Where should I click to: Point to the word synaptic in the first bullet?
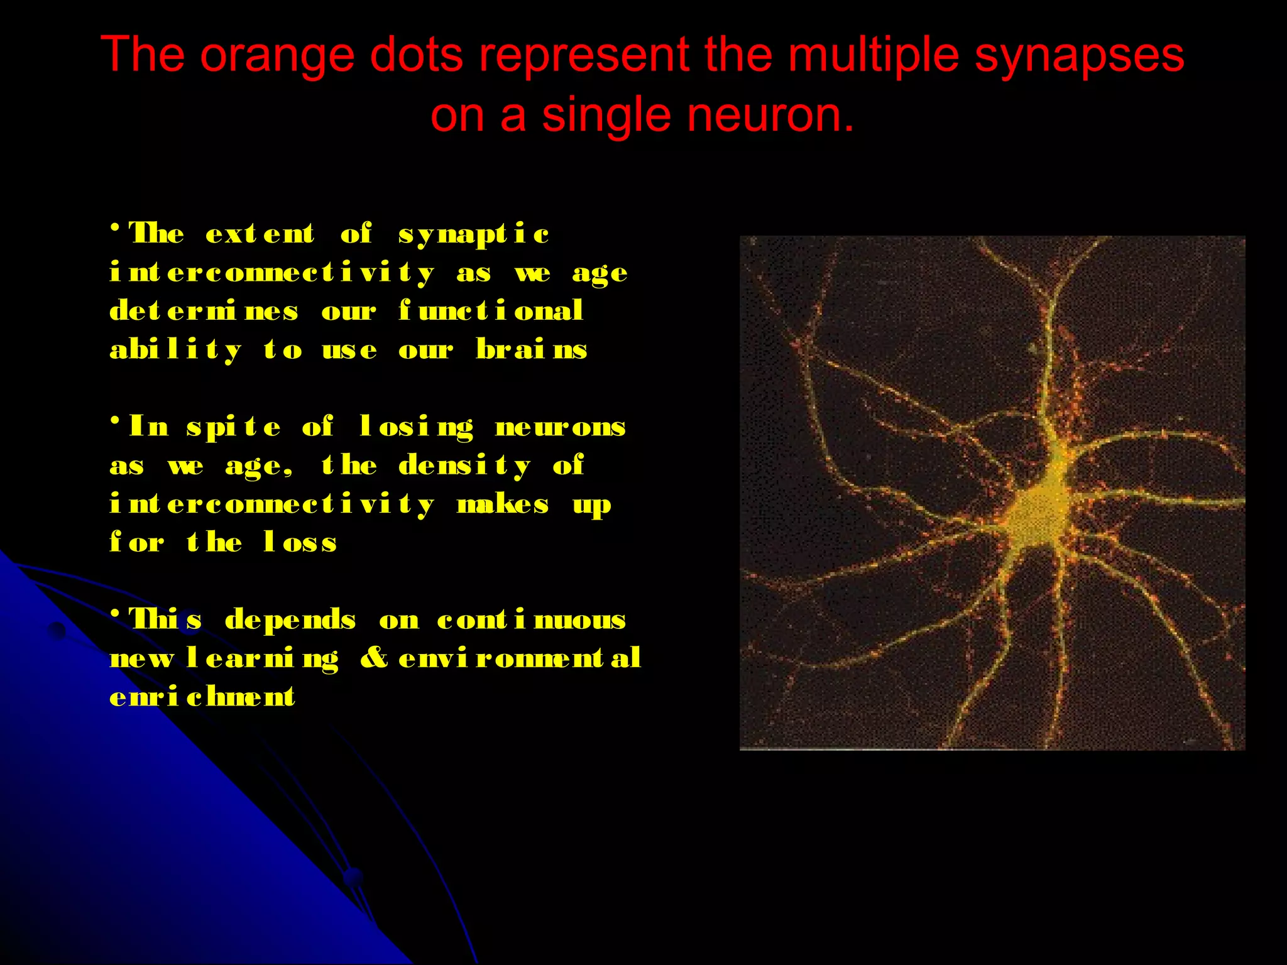474,234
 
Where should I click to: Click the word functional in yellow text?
491,311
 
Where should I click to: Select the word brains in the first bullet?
531,349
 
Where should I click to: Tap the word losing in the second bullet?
416,427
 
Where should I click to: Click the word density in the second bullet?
465,466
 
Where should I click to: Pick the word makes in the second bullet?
503,504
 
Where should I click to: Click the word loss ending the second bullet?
300,542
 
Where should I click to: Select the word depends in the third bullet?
290,620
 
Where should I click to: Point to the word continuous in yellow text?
531,620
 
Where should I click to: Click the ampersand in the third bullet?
375,658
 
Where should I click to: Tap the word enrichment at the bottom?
202,697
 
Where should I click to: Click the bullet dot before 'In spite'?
115,420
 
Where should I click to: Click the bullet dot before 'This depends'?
115,613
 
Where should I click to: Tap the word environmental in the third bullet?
520,658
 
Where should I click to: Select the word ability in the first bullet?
175,350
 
